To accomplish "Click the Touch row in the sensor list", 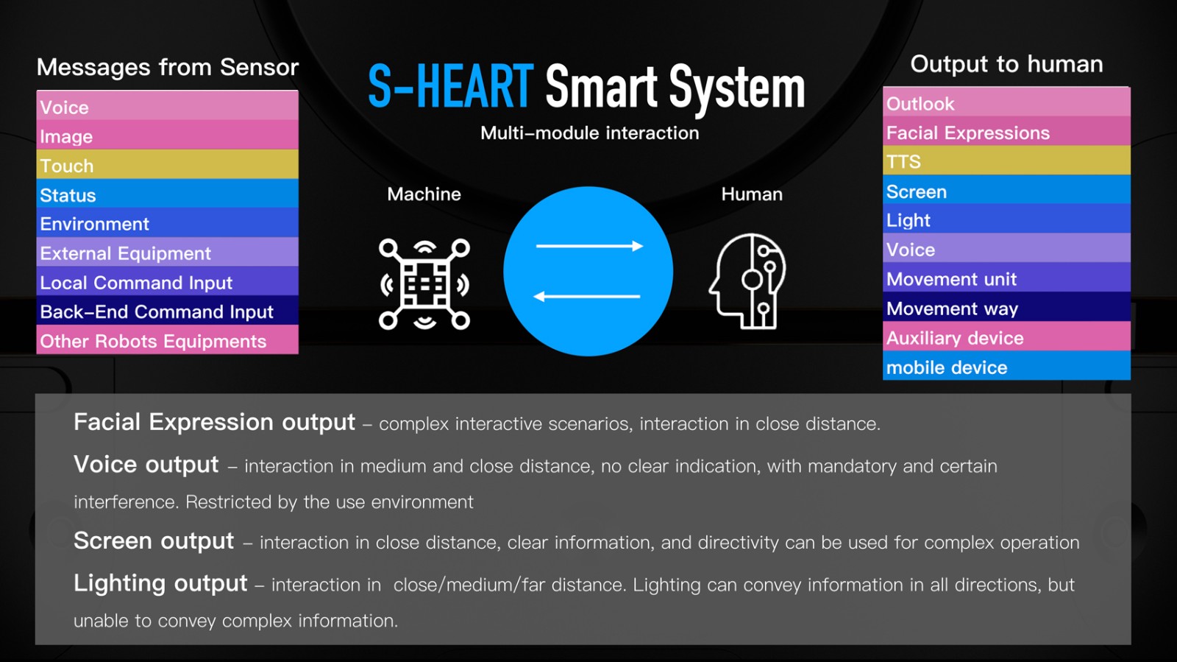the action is point(167,165).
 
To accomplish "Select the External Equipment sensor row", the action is point(167,253).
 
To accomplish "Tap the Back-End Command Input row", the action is point(167,311).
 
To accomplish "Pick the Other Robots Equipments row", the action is point(167,340).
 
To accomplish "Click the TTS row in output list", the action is point(1006,161).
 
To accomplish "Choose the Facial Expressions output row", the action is point(1006,132).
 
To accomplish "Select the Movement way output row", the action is point(1006,308).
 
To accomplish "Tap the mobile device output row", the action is point(1006,366).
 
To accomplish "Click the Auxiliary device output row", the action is point(1006,337).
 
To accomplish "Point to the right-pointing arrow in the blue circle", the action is point(589,246).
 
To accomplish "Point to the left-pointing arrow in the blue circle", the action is point(587,297).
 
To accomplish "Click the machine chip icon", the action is point(424,284).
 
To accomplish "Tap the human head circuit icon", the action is point(747,281).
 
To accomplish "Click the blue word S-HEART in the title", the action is point(451,85).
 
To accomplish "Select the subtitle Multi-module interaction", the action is point(589,133).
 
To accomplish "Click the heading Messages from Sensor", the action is point(168,67).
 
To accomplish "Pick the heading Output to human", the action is point(1006,64).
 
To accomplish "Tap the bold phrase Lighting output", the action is point(160,583).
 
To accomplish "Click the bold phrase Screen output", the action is point(154,541).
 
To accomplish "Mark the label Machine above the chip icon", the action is point(424,194).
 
